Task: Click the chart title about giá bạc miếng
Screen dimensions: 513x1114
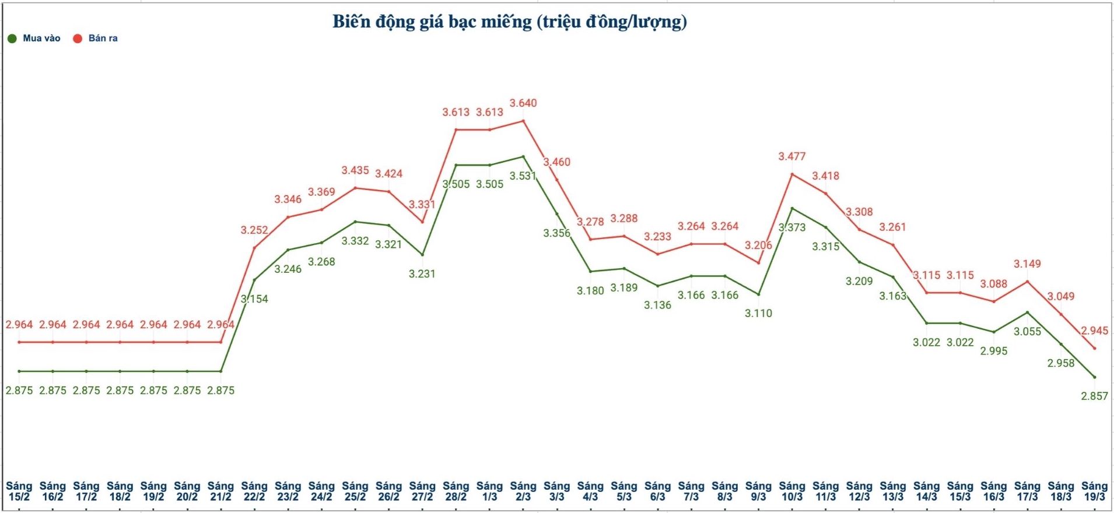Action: [510, 22]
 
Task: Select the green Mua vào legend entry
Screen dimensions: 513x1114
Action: [34, 38]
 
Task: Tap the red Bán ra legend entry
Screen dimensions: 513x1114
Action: [96, 38]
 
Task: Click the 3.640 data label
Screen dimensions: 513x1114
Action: [523, 103]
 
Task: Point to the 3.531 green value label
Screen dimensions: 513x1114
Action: [523, 176]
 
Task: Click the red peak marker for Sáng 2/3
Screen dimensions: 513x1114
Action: [523, 121]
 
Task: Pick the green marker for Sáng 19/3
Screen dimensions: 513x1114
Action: [1094, 377]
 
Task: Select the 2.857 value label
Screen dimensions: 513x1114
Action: [1094, 396]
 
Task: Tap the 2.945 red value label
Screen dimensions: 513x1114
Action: [1094, 331]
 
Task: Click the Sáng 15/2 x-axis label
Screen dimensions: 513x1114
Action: [19, 491]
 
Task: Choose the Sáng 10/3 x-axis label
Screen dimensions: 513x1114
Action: [792, 491]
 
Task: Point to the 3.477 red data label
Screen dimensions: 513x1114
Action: [792, 157]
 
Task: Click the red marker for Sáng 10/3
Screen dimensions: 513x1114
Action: [792, 174]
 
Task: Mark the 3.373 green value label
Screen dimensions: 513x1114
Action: [792, 227]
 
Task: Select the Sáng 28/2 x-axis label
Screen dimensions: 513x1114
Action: [456, 491]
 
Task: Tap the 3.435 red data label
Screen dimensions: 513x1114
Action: [355, 171]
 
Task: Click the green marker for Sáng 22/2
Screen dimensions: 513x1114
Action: [254, 280]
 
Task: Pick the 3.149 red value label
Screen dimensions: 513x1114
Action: [1027, 264]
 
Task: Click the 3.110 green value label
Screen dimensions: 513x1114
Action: [758, 314]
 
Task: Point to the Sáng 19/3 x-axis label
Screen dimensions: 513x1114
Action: [1094, 491]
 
